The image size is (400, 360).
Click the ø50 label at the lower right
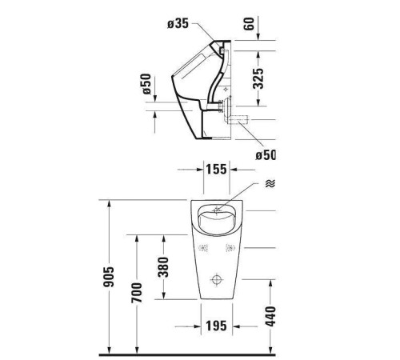[264, 154]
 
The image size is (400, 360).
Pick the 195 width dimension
[213, 326]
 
